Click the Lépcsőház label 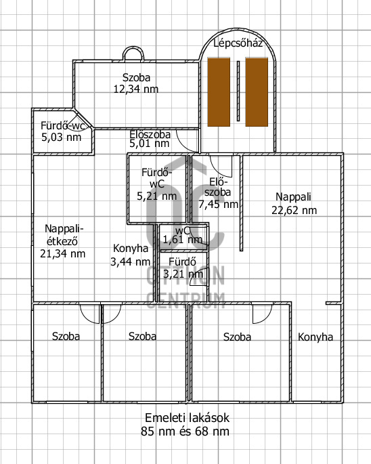(238, 43)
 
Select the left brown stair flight (219, 92)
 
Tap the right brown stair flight (257, 92)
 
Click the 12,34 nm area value (136, 89)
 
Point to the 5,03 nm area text (61, 137)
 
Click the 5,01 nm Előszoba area (150, 144)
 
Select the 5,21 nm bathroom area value (157, 196)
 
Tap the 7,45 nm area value (219, 204)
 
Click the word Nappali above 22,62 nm (293, 197)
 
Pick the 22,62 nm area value (294, 211)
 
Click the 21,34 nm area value (63, 253)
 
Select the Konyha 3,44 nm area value (131, 261)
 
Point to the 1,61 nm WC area (183, 239)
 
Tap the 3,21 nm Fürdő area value (183, 274)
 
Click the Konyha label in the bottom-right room (315, 337)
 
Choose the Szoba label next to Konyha (237, 337)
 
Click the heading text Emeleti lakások (187, 418)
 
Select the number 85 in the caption (147, 431)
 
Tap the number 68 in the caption (201, 431)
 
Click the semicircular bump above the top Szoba (133, 48)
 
